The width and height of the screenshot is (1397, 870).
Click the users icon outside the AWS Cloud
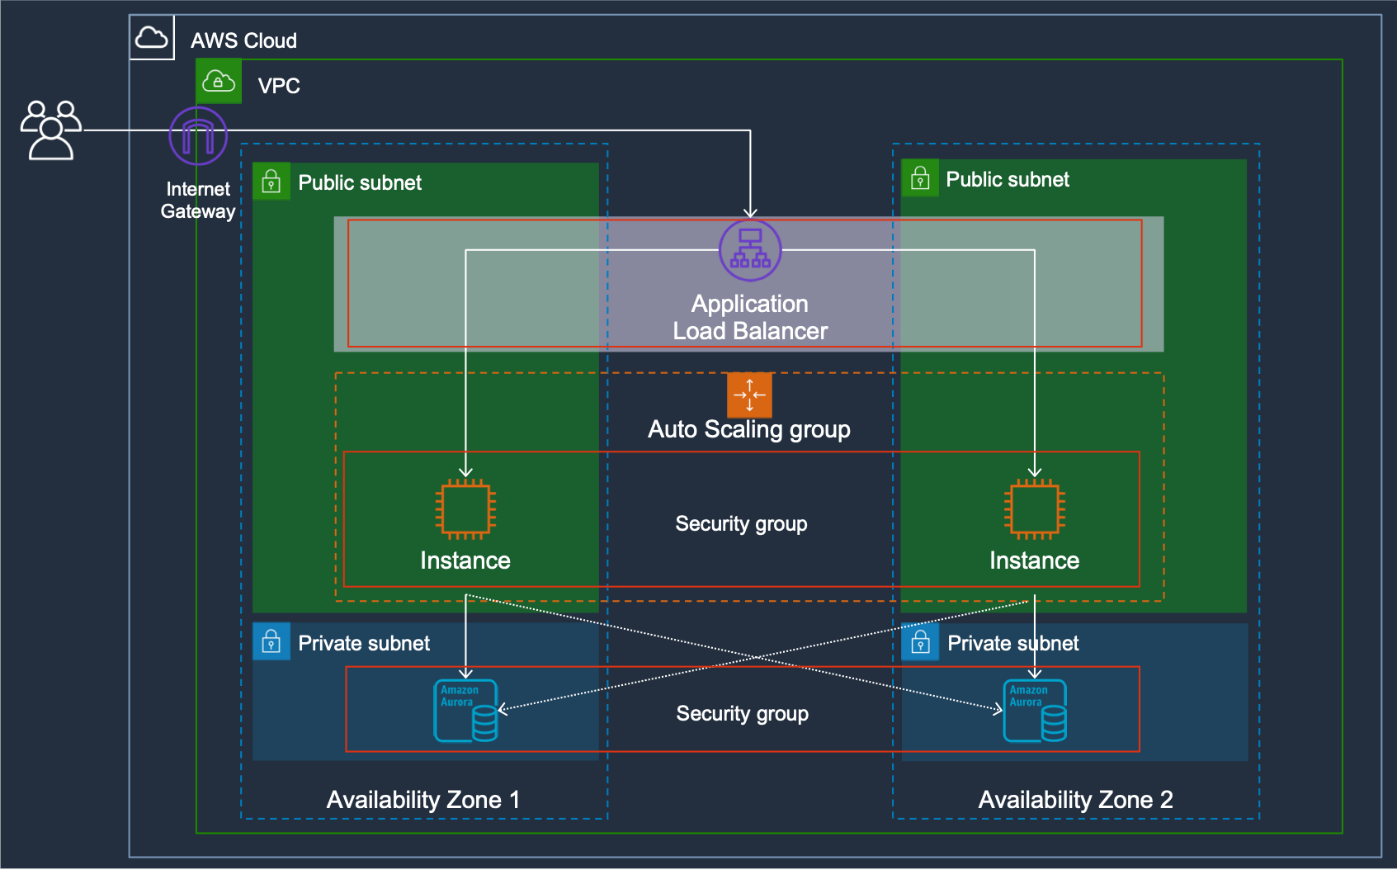(x=51, y=130)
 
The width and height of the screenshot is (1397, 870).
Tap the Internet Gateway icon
(x=198, y=136)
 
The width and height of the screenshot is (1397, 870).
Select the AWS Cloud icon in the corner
(x=152, y=38)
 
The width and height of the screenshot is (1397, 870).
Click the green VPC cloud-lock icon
(x=219, y=82)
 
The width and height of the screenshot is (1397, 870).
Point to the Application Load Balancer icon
(x=749, y=250)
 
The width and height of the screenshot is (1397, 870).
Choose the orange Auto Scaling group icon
(x=749, y=395)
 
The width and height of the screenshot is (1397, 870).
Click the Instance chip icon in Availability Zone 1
(x=465, y=508)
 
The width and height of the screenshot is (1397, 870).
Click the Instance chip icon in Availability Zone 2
(x=1034, y=508)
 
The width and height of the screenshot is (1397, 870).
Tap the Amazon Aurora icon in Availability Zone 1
(x=465, y=711)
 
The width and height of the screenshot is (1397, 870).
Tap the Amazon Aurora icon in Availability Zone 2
(x=1035, y=711)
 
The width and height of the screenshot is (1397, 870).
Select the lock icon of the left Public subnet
(x=271, y=182)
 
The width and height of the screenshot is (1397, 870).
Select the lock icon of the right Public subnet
(x=920, y=178)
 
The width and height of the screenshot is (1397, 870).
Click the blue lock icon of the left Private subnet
(x=271, y=641)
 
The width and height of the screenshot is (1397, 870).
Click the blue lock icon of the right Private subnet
(x=920, y=641)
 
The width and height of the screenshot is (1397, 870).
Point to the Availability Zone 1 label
(x=423, y=800)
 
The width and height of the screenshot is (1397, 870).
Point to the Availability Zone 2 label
(x=1075, y=800)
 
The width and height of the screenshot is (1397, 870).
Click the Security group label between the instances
(x=741, y=524)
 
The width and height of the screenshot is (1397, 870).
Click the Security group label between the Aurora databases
(x=742, y=714)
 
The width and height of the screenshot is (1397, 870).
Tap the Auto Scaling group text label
(x=748, y=430)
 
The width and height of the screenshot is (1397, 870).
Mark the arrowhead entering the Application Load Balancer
(x=749, y=214)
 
